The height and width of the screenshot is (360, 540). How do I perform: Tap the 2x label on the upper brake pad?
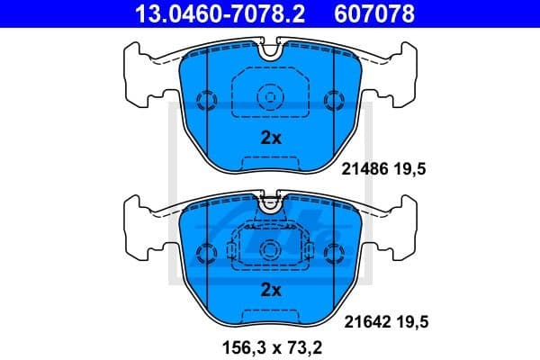pos(271,139)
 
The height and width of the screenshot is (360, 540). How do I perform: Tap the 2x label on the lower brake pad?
pos(271,290)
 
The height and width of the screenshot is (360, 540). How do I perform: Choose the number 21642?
pos(365,319)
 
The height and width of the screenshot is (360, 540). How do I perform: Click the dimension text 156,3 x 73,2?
pos(270,345)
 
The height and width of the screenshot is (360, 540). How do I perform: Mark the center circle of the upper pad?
pos(270,96)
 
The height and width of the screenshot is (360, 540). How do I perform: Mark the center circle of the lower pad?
pos(270,248)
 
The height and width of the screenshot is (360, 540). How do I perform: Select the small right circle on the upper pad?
pos(336,99)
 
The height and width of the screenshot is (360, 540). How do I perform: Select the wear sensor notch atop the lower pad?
pos(270,204)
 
